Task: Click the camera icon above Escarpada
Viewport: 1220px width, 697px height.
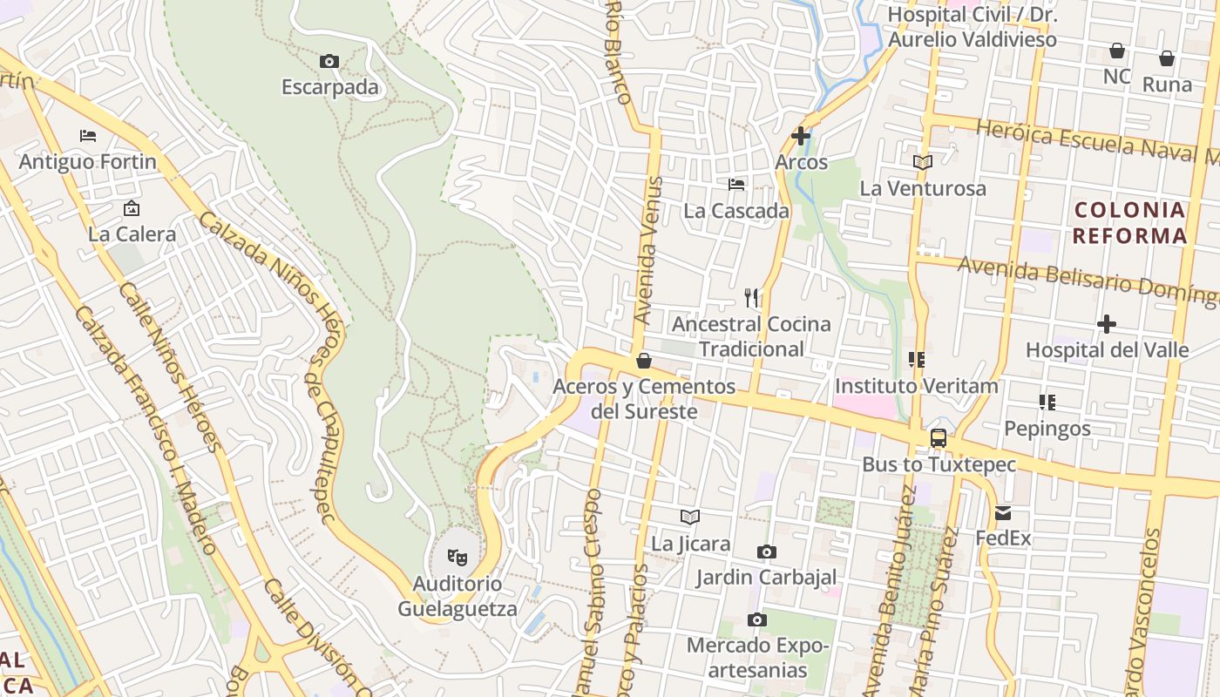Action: click(x=329, y=61)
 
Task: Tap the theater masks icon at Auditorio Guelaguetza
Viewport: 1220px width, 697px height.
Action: click(x=457, y=556)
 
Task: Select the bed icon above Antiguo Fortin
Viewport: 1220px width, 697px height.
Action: click(x=88, y=136)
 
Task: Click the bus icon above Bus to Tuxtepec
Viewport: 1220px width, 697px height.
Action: click(x=939, y=438)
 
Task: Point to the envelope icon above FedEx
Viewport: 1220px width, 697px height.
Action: click(x=1003, y=513)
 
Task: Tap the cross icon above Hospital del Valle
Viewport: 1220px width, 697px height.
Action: click(x=1107, y=324)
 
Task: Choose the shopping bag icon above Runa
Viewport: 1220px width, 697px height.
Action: click(x=1167, y=58)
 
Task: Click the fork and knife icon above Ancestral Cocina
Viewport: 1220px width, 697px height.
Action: click(x=751, y=298)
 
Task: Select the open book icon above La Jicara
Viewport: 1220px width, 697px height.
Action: click(x=690, y=518)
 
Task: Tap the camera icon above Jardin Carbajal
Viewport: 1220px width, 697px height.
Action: click(x=767, y=552)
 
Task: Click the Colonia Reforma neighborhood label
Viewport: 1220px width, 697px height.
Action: click(x=1130, y=222)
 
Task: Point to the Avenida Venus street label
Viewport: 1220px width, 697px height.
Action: click(x=649, y=251)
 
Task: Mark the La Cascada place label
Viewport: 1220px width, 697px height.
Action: click(x=736, y=211)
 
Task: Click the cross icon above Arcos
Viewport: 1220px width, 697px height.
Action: click(x=801, y=136)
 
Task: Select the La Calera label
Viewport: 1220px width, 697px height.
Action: click(x=132, y=233)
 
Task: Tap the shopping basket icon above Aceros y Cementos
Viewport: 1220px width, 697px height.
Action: click(x=644, y=360)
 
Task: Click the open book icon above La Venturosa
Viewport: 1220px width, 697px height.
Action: click(x=923, y=162)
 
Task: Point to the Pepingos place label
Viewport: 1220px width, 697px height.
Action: click(x=1047, y=429)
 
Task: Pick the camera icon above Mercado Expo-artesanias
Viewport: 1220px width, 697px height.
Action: click(x=757, y=619)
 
